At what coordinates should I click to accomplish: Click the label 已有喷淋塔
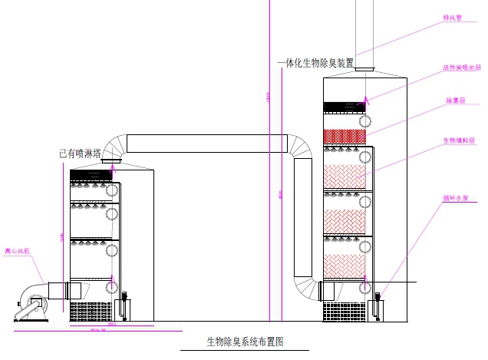pyautogui.click(x=81, y=154)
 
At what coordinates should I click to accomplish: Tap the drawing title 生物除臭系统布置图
pyautogui.click(x=246, y=342)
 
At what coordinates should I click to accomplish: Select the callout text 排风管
pyautogui.click(x=453, y=18)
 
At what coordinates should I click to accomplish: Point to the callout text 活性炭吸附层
pyautogui.click(x=462, y=68)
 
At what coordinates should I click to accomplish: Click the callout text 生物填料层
pyautogui.click(x=460, y=140)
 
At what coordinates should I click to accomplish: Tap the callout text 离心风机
pyautogui.click(x=17, y=250)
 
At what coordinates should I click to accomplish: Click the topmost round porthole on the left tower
pyautogui.click(x=112, y=190)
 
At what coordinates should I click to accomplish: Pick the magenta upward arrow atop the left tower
pyautogui.click(x=114, y=170)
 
